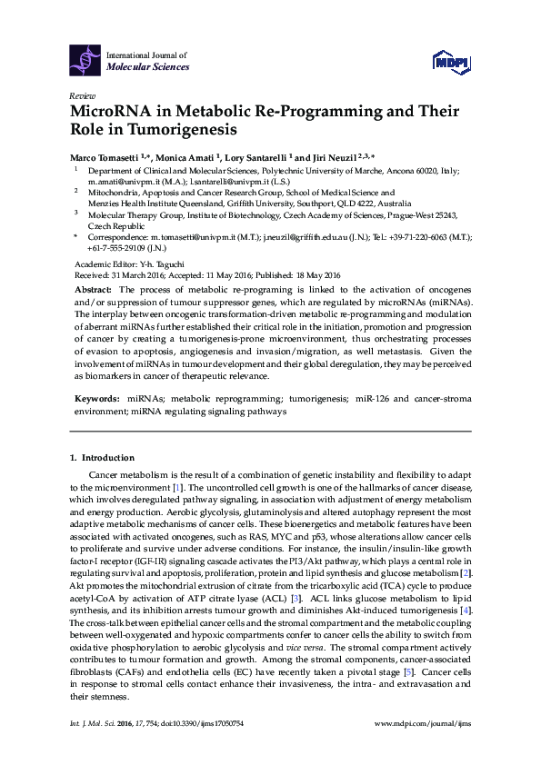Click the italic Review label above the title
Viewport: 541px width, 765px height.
tap(79, 94)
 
